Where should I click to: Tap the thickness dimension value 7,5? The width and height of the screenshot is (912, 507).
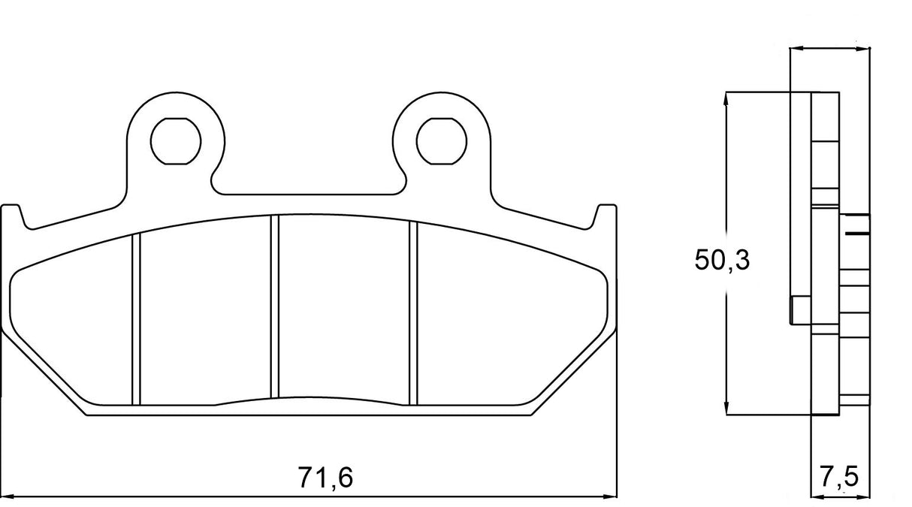[x=838, y=476]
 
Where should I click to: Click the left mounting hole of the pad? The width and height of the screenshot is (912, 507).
[x=176, y=140]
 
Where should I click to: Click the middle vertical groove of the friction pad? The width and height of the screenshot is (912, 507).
[x=274, y=308]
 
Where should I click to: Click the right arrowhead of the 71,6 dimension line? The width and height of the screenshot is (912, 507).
[x=610, y=496]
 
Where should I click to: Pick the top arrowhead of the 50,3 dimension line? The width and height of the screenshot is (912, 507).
[x=726, y=98]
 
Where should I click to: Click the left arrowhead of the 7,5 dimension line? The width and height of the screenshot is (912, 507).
[x=817, y=496]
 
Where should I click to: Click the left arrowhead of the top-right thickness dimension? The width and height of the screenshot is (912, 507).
[x=796, y=49]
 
